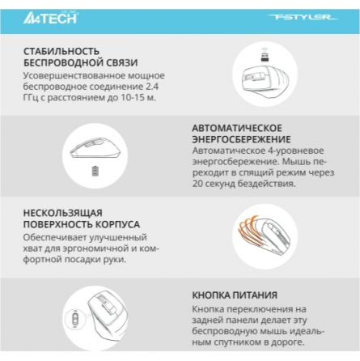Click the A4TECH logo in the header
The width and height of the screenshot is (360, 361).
(x=50, y=18)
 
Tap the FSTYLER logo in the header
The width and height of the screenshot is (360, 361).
(x=302, y=17)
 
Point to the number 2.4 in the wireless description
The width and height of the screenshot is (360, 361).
(x=151, y=87)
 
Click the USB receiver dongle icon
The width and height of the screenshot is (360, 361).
(x=265, y=55)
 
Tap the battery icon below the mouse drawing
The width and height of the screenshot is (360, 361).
(x=95, y=171)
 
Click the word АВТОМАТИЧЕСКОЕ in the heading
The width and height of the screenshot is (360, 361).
(x=237, y=128)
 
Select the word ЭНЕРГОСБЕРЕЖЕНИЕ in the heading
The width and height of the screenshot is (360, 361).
(x=241, y=139)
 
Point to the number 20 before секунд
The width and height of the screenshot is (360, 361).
(x=197, y=184)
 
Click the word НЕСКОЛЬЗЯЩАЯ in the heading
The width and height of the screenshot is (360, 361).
(x=63, y=213)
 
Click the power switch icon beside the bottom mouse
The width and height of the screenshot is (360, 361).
(x=75, y=319)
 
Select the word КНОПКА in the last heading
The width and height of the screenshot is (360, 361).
(x=211, y=295)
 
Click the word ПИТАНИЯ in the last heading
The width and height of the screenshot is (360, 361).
(x=255, y=295)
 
